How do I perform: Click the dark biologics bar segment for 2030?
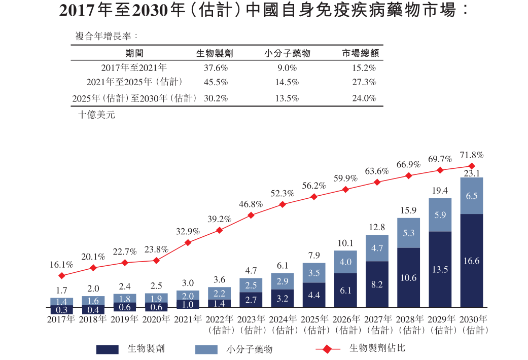point(471,261)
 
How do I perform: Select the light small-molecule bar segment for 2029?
point(440,215)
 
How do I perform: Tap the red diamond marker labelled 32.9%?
point(188,242)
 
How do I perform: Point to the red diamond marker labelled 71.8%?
point(472,166)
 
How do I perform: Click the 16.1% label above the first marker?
point(61,265)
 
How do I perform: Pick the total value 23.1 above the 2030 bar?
point(472,173)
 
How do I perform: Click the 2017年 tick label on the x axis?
point(61,320)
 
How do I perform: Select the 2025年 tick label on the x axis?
point(314,320)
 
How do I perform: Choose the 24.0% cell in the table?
point(364,98)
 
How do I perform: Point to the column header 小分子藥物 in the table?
point(287,53)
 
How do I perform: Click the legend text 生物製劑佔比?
point(377,348)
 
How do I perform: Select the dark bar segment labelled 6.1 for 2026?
point(345,290)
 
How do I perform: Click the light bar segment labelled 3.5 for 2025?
point(314,273)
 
